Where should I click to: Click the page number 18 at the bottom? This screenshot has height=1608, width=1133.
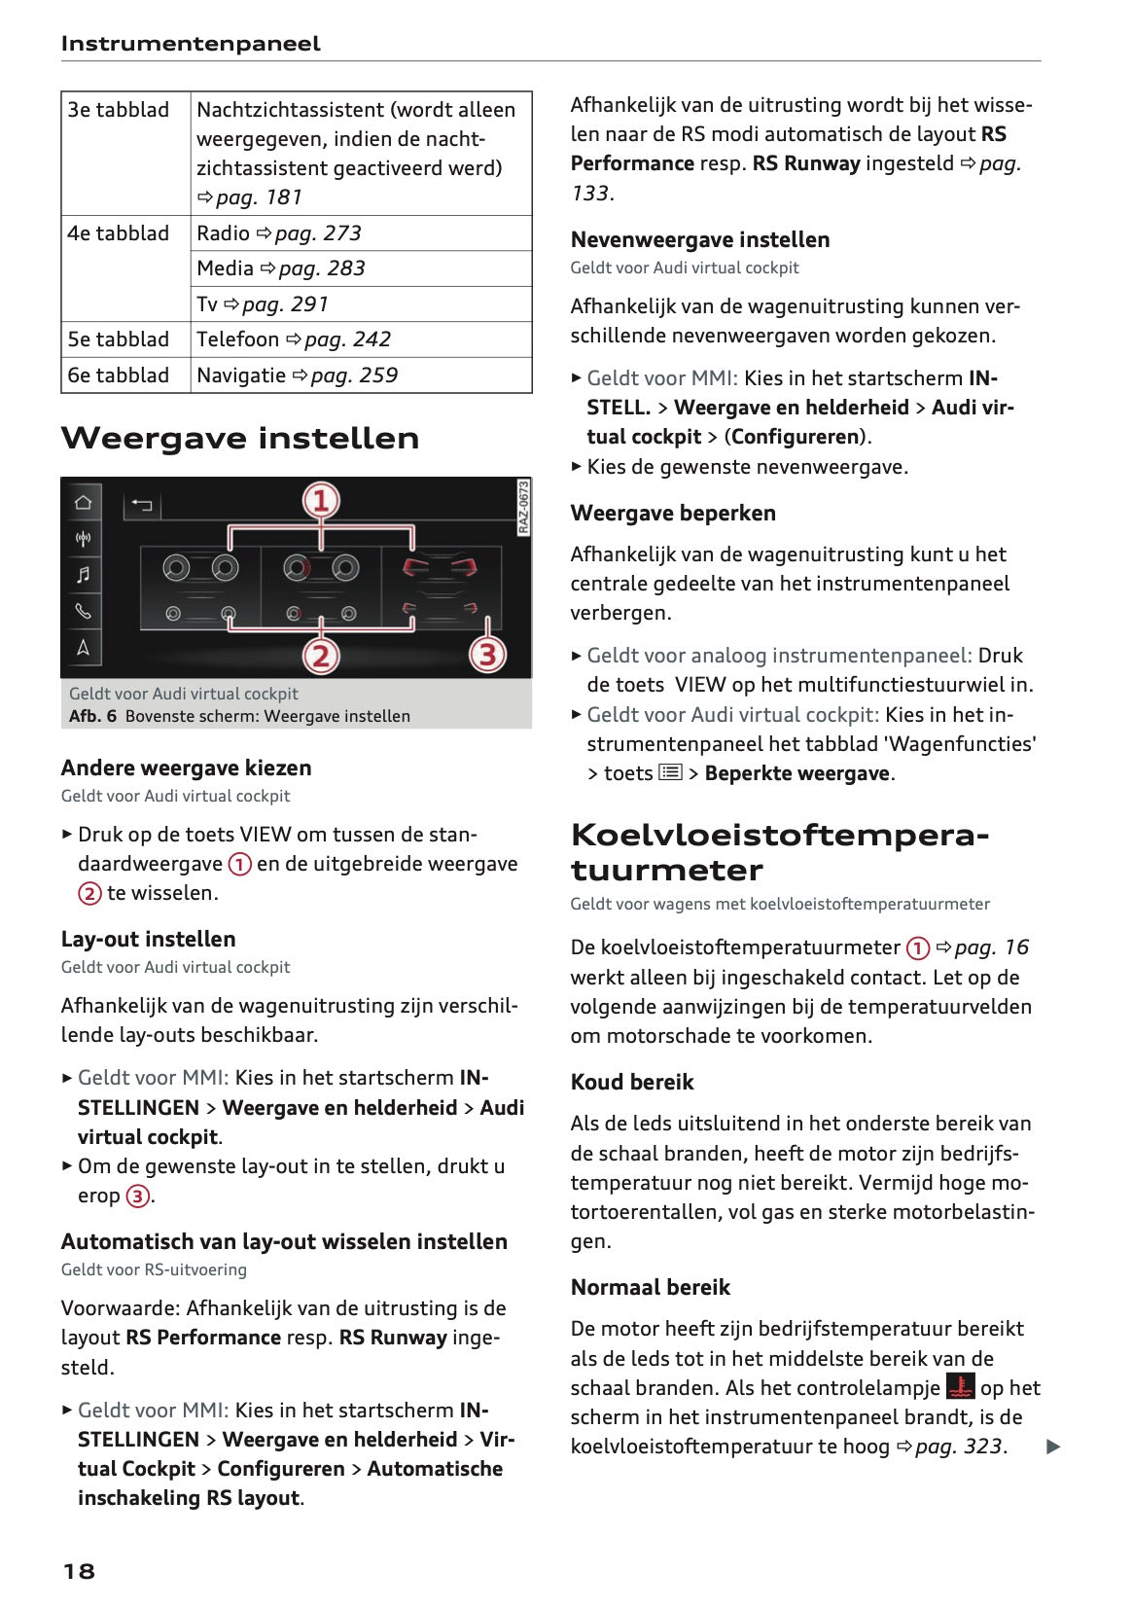pyautogui.click(x=79, y=1571)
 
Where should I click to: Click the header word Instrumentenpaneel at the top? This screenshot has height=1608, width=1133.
pyautogui.click(x=191, y=44)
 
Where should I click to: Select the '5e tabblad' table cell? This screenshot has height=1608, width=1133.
pyautogui.click(x=119, y=339)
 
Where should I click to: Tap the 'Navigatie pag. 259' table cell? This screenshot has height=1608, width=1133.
pyautogui.click(x=298, y=375)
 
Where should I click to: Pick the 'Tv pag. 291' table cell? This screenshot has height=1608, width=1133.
pyautogui.click(x=263, y=304)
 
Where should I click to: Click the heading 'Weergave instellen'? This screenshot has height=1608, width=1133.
pyautogui.click(x=240, y=439)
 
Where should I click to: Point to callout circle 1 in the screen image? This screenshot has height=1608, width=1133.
pyautogui.click(x=321, y=501)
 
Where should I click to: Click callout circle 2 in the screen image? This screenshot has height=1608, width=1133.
pyautogui.click(x=321, y=656)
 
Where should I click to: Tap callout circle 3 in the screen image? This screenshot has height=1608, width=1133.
pyautogui.click(x=487, y=654)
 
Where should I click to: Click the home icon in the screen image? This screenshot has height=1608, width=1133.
pyautogui.click(x=84, y=502)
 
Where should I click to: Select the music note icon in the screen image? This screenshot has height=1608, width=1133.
pyautogui.click(x=84, y=575)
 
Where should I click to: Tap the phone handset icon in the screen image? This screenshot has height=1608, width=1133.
pyautogui.click(x=84, y=611)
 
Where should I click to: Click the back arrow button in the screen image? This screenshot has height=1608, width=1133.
pyautogui.click(x=142, y=505)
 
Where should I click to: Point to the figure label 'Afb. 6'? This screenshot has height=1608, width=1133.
pyautogui.click(x=92, y=716)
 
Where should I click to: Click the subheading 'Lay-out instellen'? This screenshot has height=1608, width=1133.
pyautogui.click(x=148, y=940)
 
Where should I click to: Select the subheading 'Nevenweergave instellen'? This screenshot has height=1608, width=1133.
pyautogui.click(x=700, y=240)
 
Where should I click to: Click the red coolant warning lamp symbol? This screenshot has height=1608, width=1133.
pyautogui.click(x=960, y=1386)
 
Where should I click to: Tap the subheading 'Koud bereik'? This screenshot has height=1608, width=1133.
pyautogui.click(x=632, y=1083)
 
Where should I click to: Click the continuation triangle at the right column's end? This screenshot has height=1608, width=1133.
pyautogui.click(x=1052, y=1447)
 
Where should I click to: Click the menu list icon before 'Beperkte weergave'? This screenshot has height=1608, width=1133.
pyautogui.click(x=670, y=772)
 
